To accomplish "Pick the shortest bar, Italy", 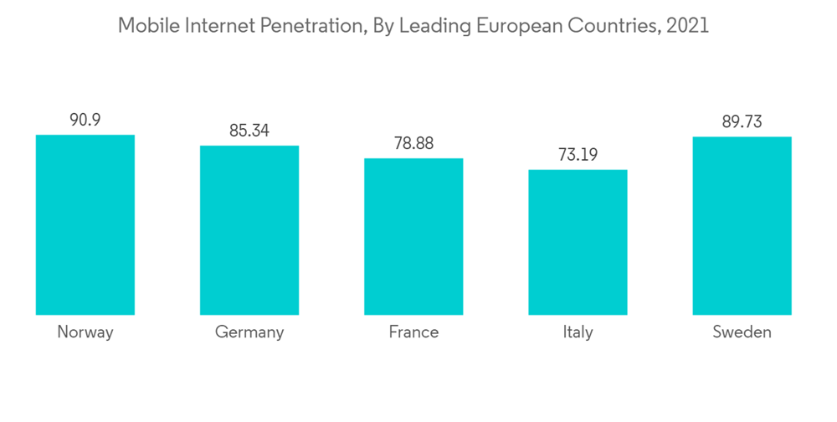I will (578, 242).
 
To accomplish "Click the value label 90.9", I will (85, 121).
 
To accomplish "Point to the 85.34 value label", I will (249, 131).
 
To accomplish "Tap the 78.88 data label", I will (413, 144).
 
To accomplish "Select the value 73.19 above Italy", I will (578, 155).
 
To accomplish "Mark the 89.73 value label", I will (742, 122).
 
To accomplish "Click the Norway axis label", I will (85, 332).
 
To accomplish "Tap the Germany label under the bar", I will (249, 333).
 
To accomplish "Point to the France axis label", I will (413, 332).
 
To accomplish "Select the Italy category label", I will (578, 333).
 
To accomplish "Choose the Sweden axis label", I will (742, 332).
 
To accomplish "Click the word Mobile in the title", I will (146, 26).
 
